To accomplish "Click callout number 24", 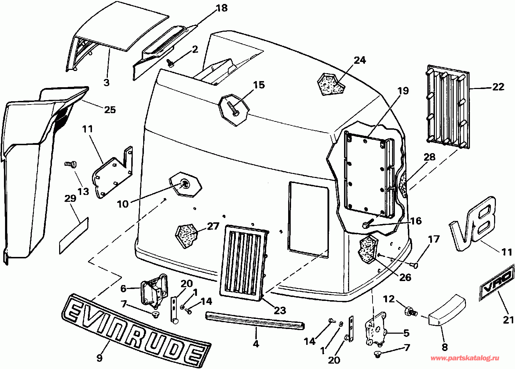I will tap(359, 60).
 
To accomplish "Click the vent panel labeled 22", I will tap(448, 106).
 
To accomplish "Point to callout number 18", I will tap(221, 8).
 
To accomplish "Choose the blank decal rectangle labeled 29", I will tap(74, 235).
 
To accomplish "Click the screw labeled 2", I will tap(171, 63).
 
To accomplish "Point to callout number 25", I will tap(110, 110).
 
